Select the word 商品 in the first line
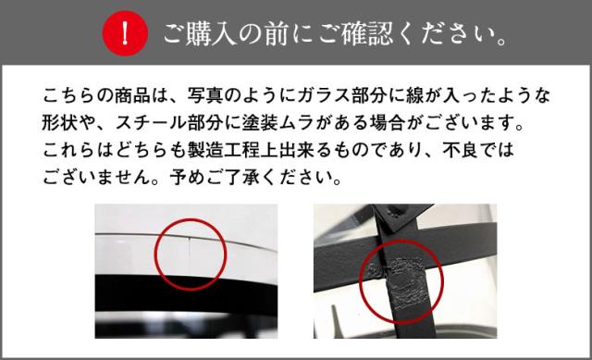pos(138,94)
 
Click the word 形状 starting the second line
pos(57,121)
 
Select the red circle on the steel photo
pos(393,279)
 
